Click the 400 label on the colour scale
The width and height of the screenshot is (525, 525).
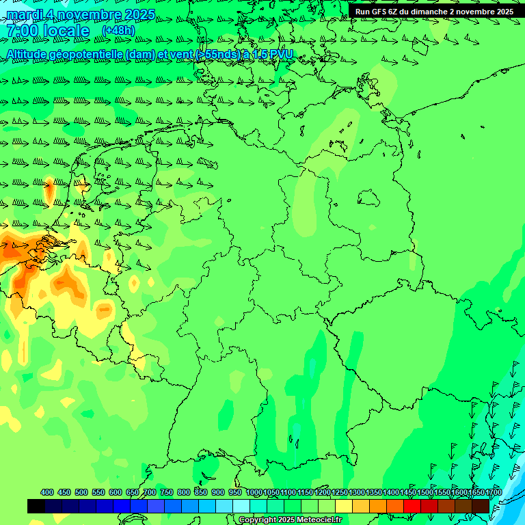click(x=47, y=492)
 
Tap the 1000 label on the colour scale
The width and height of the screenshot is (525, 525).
click(x=254, y=492)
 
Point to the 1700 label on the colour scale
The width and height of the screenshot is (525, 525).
click(x=494, y=492)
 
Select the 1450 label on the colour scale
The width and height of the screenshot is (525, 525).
click(x=408, y=492)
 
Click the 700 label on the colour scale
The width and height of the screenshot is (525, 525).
click(x=149, y=492)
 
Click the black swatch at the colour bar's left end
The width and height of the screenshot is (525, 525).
click(x=36, y=506)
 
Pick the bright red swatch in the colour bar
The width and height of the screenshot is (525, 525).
click(x=412, y=506)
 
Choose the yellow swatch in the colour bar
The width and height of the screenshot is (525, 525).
click(x=344, y=506)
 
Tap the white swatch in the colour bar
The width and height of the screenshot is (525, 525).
click(x=241, y=506)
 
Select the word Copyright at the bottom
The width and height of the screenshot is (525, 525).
click(x=259, y=520)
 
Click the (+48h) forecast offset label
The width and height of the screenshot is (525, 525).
click(x=118, y=30)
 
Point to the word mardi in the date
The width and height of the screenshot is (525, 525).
click(x=27, y=14)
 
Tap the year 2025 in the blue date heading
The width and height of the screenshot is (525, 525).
click(x=135, y=14)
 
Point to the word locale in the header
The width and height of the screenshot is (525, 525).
click(x=66, y=31)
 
